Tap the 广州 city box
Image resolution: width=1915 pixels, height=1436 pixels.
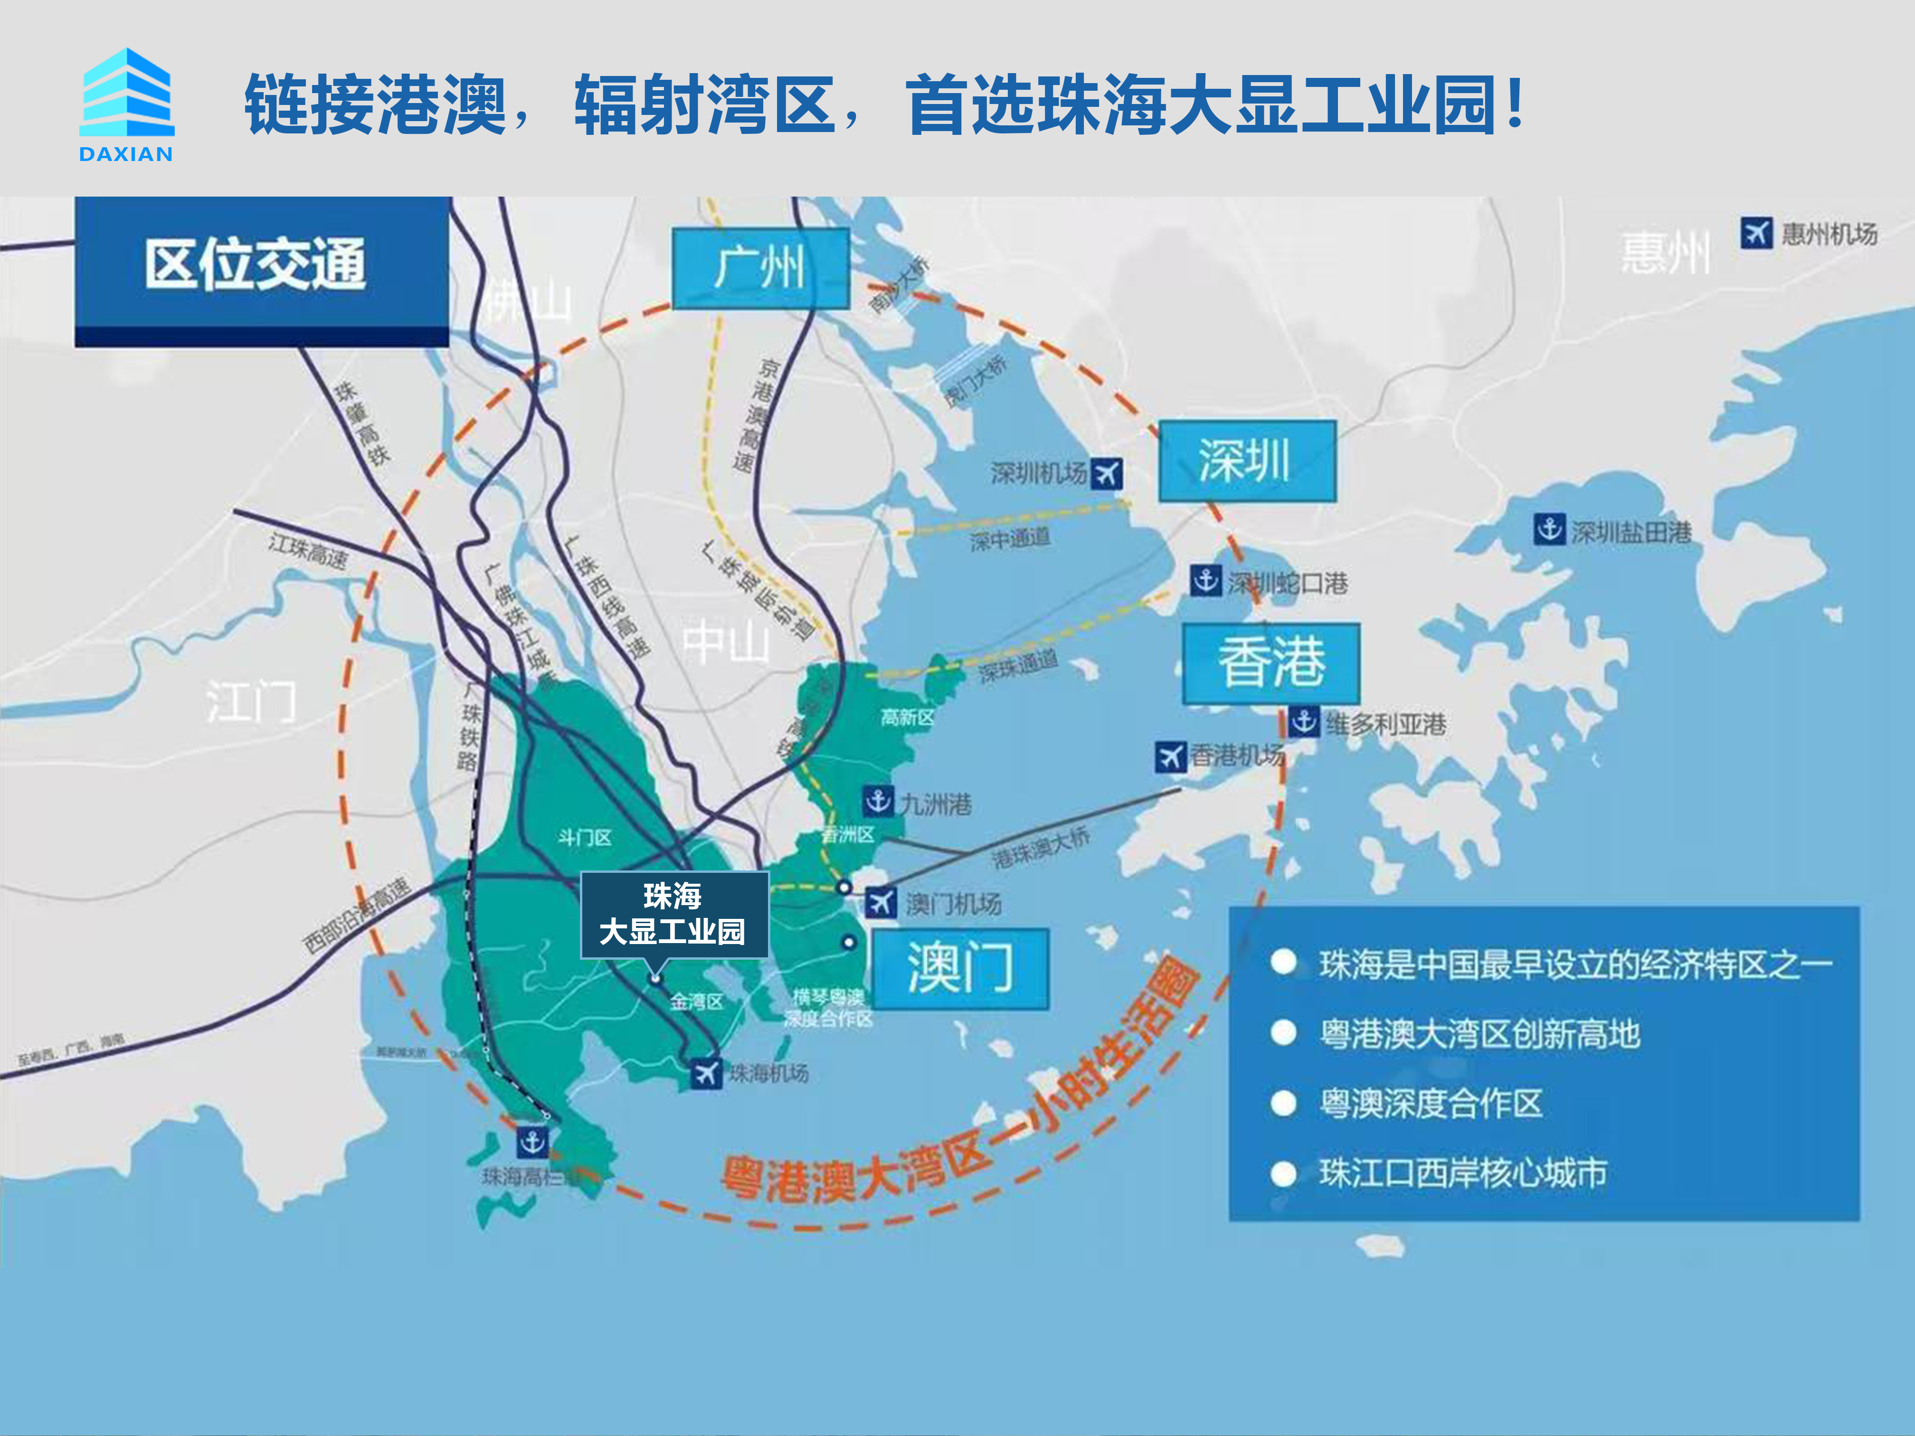click(759, 268)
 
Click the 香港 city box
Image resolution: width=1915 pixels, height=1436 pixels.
click(1271, 663)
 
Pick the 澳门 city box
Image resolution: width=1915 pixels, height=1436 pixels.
click(960, 969)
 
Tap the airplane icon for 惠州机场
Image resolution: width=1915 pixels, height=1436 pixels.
click(1756, 233)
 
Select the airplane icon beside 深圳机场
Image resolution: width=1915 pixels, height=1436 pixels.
click(1107, 473)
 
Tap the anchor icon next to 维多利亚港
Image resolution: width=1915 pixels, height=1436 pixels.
click(1304, 721)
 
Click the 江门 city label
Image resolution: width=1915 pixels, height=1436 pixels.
click(251, 701)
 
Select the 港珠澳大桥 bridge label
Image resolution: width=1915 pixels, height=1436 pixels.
click(1041, 848)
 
